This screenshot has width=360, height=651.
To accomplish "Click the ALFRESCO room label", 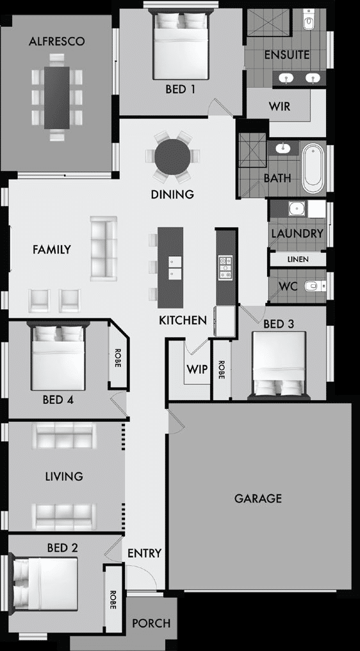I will [57, 42].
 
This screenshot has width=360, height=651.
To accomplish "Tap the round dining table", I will [172, 156].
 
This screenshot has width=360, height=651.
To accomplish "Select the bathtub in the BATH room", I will [313, 168].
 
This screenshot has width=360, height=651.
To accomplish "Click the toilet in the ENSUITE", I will [309, 22].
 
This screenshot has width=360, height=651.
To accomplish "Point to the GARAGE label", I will [258, 498].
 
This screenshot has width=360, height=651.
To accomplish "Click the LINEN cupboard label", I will [297, 259].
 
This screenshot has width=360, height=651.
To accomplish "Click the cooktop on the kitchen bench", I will [225, 268].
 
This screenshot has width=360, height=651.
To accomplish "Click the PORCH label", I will [151, 623].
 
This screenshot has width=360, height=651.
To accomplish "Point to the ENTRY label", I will [144, 553].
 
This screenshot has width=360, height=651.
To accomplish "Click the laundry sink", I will [297, 209].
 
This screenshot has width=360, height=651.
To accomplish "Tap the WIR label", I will [279, 106].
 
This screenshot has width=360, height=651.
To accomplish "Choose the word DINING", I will [172, 194].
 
